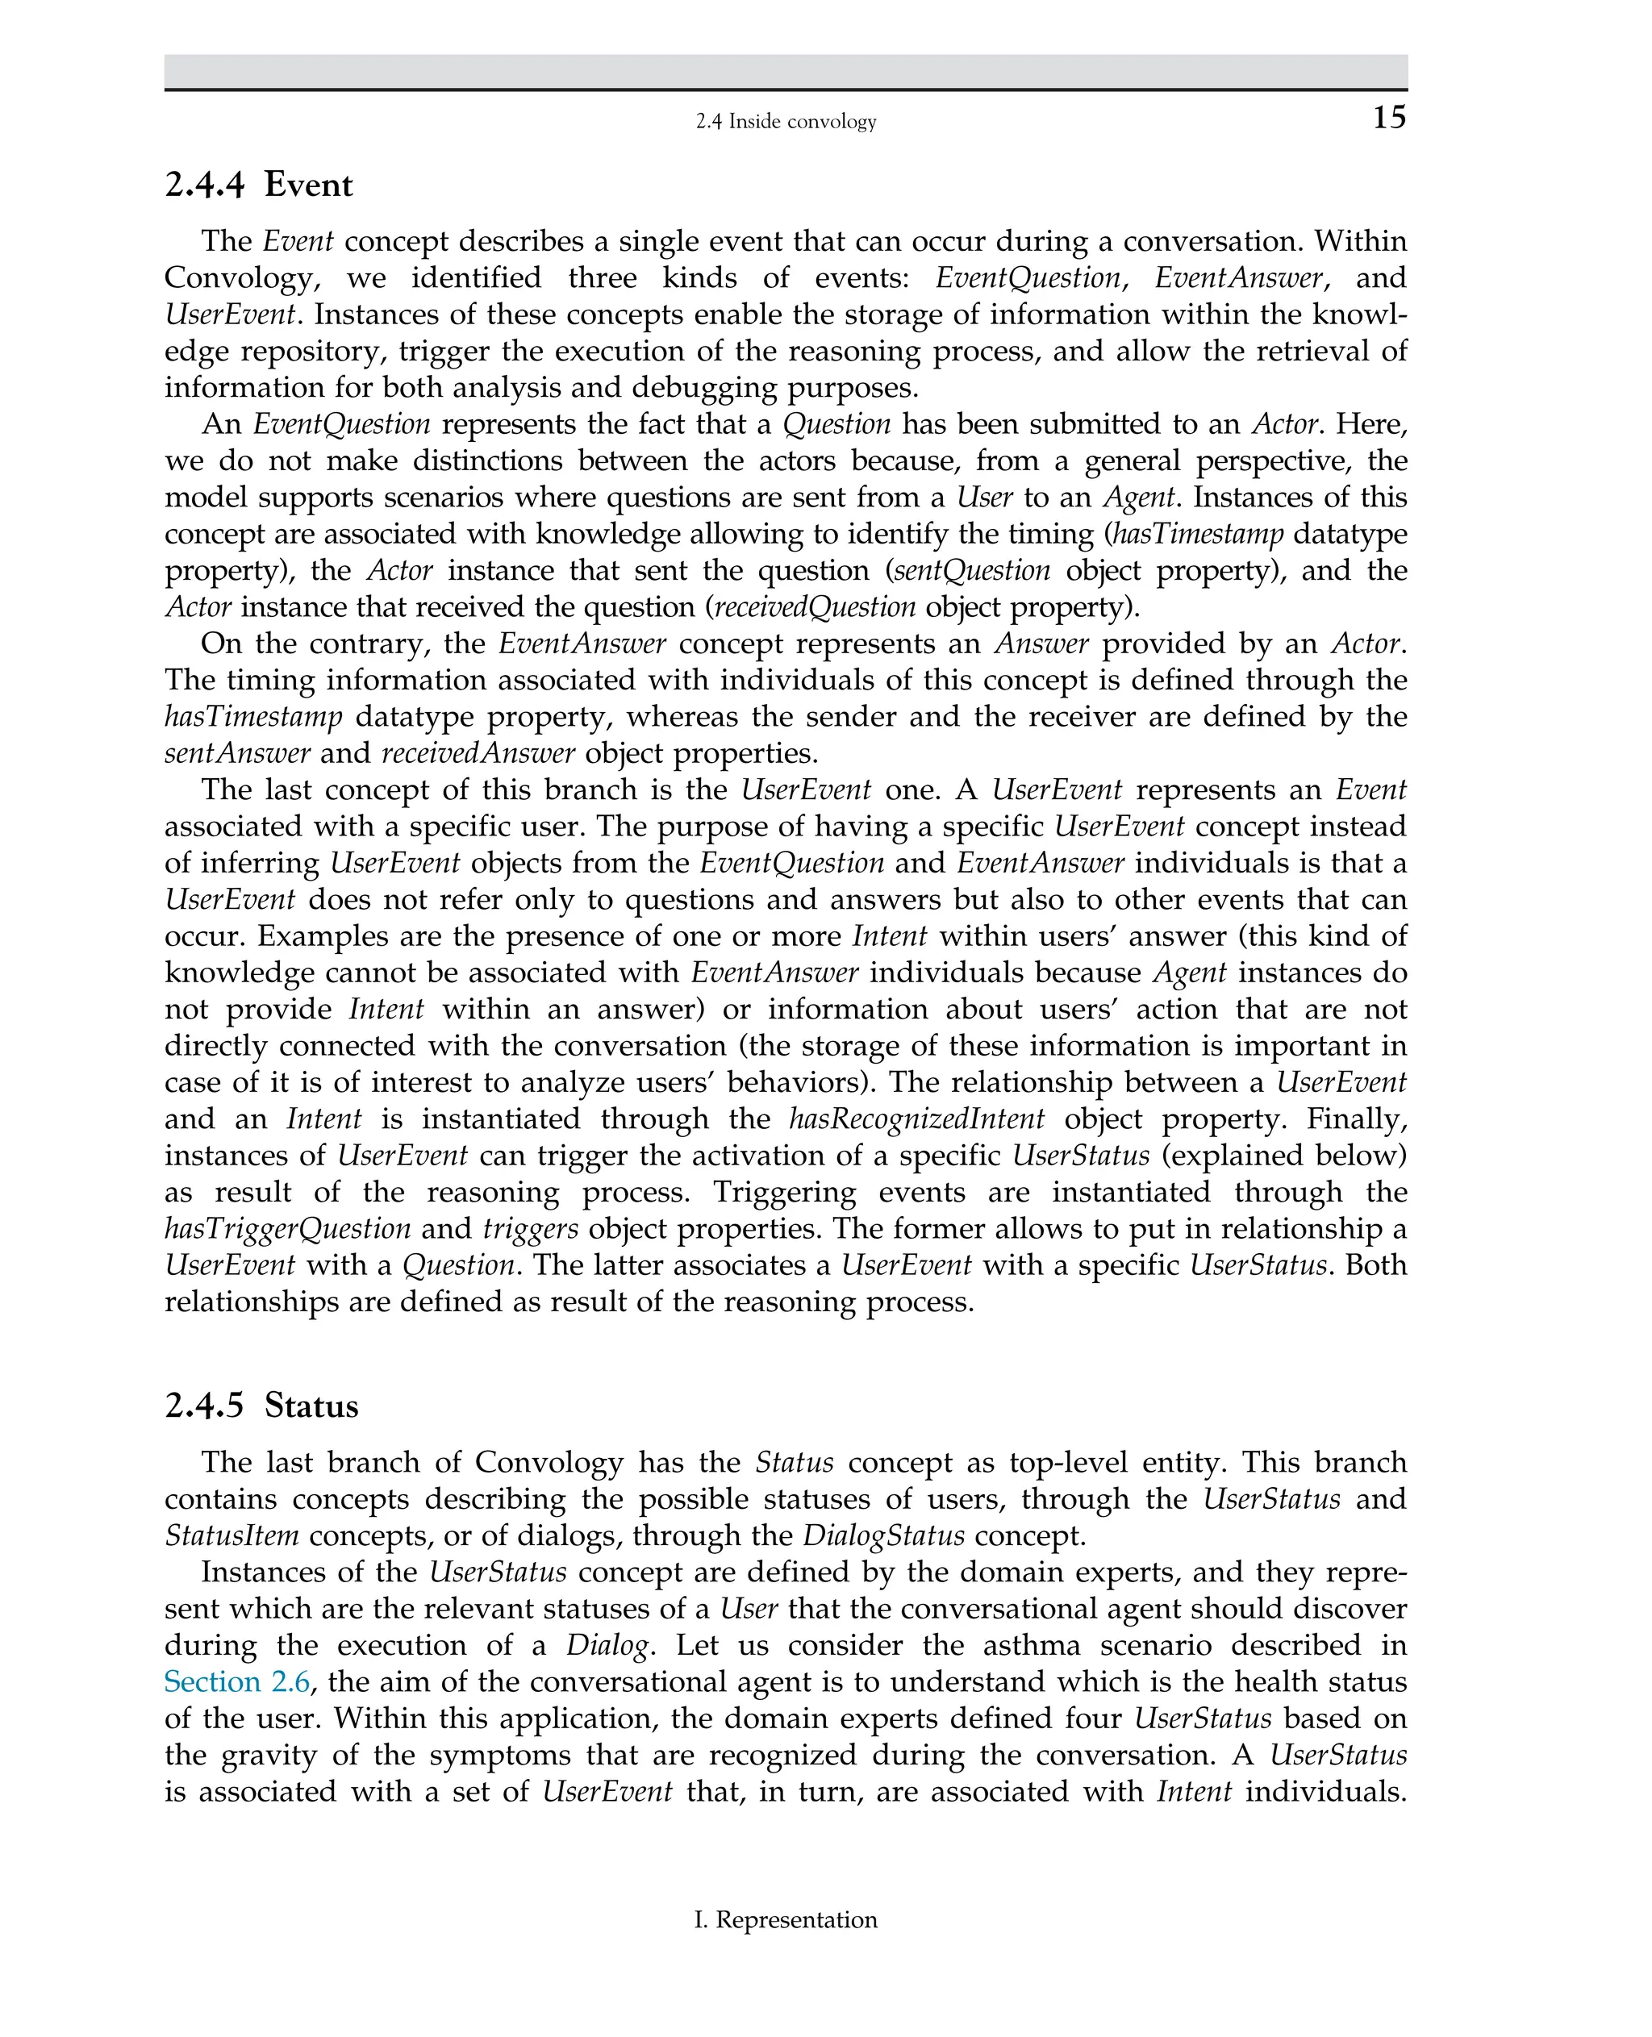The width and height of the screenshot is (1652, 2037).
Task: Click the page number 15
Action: [1388, 117]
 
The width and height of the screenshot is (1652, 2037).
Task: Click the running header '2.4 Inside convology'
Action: [785, 122]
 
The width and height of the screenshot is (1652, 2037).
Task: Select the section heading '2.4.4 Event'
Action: [258, 185]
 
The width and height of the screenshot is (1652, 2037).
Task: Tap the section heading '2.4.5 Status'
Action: [261, 1406]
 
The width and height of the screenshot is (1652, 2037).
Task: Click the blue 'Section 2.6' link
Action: [237, 1682]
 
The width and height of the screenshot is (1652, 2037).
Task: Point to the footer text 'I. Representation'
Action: [785, 1919]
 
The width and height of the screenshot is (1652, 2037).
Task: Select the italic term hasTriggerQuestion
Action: [287, 1228]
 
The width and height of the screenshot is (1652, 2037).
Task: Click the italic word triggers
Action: [530, 1228]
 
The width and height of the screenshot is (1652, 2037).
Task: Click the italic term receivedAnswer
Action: [478, 753]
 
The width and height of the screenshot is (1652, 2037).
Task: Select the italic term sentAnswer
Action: [237, 753]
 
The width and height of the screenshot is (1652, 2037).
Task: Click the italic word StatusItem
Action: [232, 1535]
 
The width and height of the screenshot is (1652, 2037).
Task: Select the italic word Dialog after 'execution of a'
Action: [609, 1645]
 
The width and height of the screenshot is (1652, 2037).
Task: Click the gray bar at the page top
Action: [785, 71]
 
